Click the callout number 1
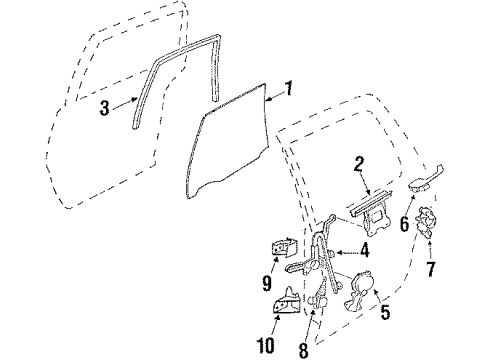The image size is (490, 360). coord(288,89)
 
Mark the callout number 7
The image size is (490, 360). coord(432,267)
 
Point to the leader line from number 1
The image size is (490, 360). coord(273,94)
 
